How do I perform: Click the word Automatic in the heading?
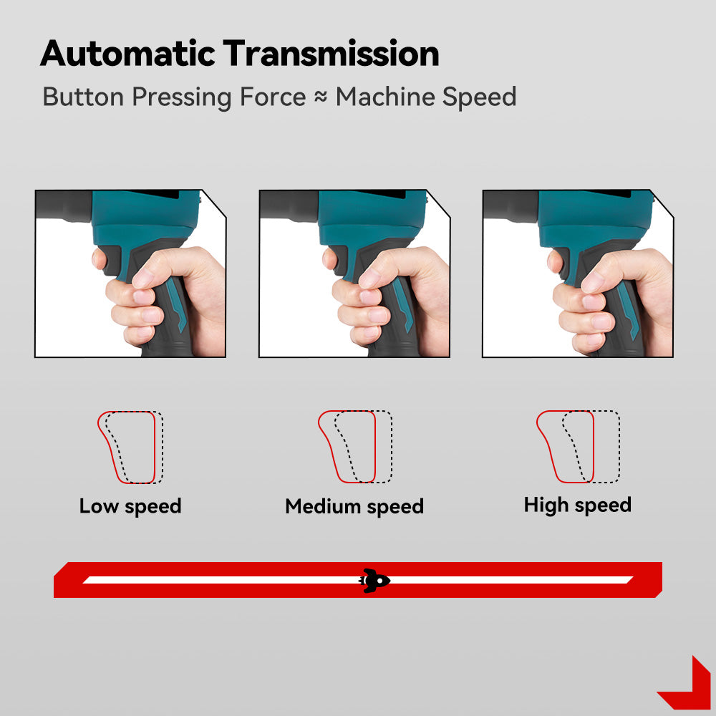pyautogui.click(x=127, y=54)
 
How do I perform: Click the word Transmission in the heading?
pyautogui.click(x=331, y=54)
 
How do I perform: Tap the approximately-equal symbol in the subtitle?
pyautogui.click(x=321, y=97)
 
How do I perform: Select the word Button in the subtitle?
pyautogui.click(x=83, y=97)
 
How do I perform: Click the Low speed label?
pyautogui.click(x=130, y=506)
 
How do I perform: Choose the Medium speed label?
pyautogui.click(x=354, y=507)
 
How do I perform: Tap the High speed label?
pyautogui.click(x=578, y=505)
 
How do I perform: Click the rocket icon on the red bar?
pyautogui.click(x=374, y=581)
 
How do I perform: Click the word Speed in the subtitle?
pyautogui.click(x=480, y=97)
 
